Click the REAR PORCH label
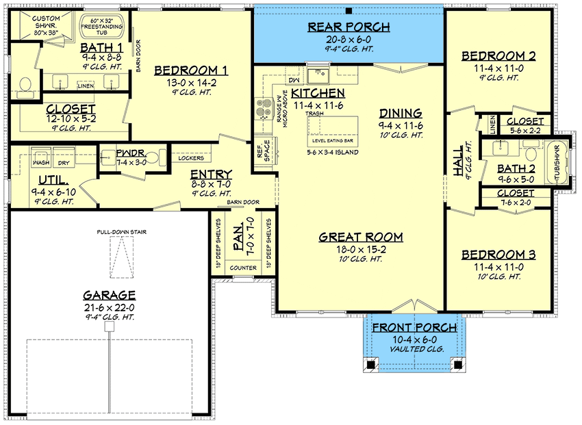348,27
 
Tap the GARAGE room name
109,295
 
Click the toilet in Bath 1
25,84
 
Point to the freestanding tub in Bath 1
103,27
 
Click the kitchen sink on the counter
318,73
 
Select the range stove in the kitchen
263,108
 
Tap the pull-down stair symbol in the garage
121,259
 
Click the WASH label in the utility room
41,164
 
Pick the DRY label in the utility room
62,164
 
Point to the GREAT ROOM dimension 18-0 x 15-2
361,249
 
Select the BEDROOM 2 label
498,55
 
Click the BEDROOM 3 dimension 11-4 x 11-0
498,267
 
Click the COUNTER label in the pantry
243,268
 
